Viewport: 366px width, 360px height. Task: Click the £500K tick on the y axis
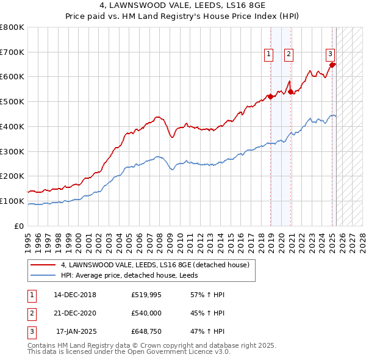pyautogui.click(x=12, y=101)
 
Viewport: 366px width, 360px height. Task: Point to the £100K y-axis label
pyautogui.click(x=12, y=201)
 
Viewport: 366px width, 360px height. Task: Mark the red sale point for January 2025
pyautogui.click(x=332, y=64)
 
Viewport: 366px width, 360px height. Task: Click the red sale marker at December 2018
pyautogui.click(x=270, y=96)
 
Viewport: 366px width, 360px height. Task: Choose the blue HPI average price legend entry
pyautogui.click(x=133, y=276)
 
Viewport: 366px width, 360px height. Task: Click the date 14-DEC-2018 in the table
pyautogui.click(x=75, y=295)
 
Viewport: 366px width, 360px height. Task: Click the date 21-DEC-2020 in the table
pyautogui.click(x=75, y=314)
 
